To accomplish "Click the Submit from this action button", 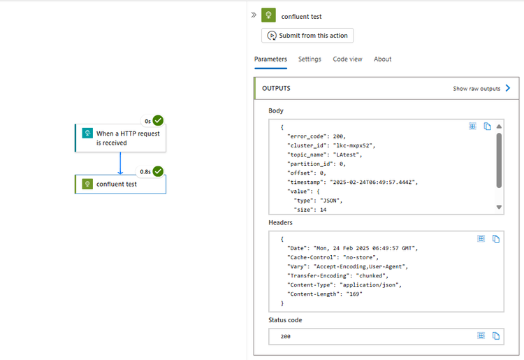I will tap(307, 36).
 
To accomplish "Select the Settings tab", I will tap(310, 59).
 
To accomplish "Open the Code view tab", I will tap(347, 59).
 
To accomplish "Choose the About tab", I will tap(383, 59).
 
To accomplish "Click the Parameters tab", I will tap(270, 59).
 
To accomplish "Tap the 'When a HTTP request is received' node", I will tap(120, 138).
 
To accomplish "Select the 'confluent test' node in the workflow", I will tap(120, 185).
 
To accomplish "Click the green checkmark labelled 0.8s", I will tap(159, 171).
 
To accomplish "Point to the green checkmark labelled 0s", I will tap(159, 121).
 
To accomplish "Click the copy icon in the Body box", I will tap(488, 127).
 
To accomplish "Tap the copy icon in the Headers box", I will tap(496, 239).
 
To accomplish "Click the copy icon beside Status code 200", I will tap(496, 336).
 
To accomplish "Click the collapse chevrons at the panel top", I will tap(254, 15).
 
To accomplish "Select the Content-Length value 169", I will tap(352, 294).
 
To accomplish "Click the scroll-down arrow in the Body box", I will tap(499, 207).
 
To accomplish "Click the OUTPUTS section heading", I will tap(276, 89).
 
